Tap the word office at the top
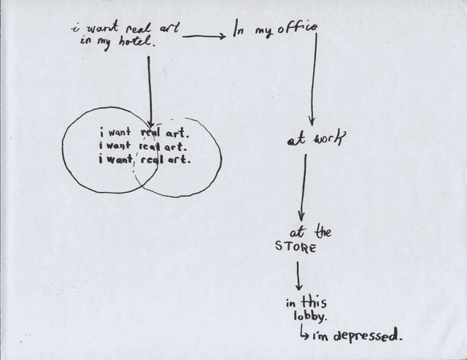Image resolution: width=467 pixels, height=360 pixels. pos(296,30)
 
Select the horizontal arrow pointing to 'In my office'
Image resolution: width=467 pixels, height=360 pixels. pos(204,36)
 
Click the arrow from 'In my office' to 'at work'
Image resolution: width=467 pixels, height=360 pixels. pos(313,80)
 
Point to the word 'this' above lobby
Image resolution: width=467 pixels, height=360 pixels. pos(316,302)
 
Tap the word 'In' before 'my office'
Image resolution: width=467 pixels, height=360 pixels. pos(239,31)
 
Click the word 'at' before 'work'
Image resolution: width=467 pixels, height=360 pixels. pos(296,140)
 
